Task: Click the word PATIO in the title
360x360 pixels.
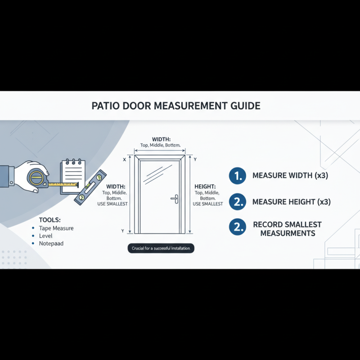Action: [x=107, y=106]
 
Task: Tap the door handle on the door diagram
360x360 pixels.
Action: [x=174, y=199]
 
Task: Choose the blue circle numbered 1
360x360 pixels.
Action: [x=237, y=175]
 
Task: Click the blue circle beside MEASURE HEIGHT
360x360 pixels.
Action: [x=237, y=202]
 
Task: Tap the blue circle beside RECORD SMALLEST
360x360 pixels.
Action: [x=237, y=228]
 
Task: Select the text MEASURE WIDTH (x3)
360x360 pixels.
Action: [x=290, y=175]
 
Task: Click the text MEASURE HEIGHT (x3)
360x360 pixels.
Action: [x=291, y=202]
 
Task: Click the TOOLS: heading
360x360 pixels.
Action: [x=49, y=220]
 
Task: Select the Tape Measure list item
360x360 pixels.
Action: [x=56, y=228]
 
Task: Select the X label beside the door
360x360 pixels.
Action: [x=124, y=160]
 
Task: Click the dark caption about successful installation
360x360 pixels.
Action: [x=161, y=248]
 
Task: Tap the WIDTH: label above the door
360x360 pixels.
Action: [x=162, y=139]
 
